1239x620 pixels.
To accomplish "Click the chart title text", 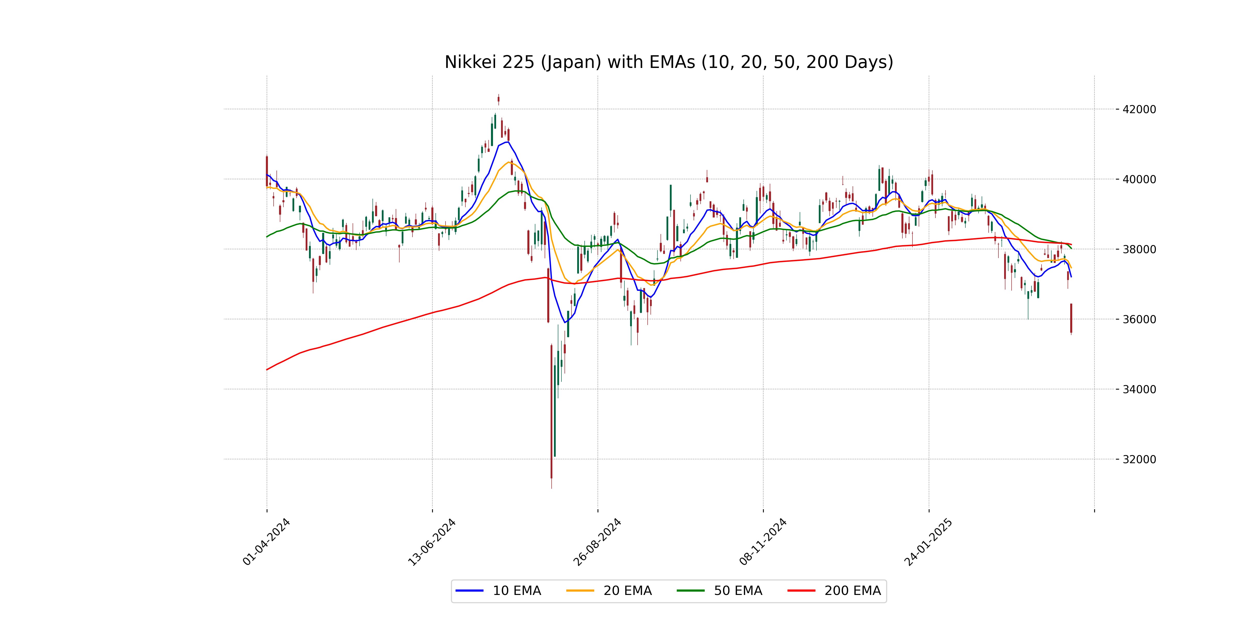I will pos(669,62).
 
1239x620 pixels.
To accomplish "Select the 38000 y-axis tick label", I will pos(1139,249).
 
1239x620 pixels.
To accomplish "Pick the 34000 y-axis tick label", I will pos(1139,389).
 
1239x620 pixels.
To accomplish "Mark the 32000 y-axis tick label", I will pos(1139,459).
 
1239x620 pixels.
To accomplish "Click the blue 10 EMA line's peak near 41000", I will pos(507,142).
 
